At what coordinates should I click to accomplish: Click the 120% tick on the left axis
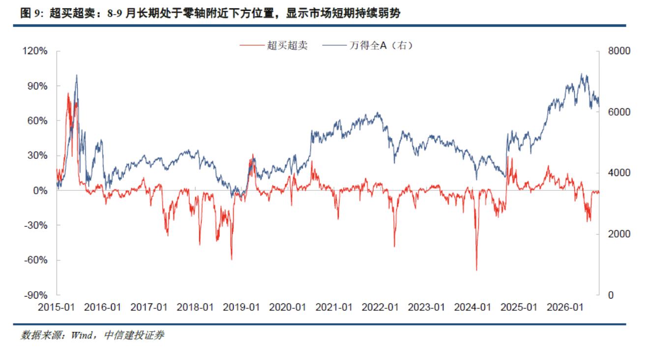pos(35,51)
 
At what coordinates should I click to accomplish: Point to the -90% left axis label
pos(36,295)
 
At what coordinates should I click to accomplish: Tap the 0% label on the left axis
pos(40,190)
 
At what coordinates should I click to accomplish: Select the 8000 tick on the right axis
pos(619,51)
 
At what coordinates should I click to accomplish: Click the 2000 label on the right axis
pos(619,234)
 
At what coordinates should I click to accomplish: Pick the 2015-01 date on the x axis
pos(57,307)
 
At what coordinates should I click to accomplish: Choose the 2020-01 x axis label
pos(288,307)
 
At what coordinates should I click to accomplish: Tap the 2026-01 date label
pos(565,307)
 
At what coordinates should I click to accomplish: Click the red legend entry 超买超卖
pos(287,45)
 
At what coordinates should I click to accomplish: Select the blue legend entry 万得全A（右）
pos(381,45)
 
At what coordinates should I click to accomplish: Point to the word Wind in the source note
pos(82,335)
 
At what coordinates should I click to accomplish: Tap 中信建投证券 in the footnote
pos(134,335)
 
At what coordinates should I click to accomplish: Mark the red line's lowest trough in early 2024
pos(476,270)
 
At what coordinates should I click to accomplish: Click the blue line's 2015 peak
pos(77,75)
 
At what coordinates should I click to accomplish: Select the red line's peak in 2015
pos(68,93)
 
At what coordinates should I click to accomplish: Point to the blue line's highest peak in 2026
pos(582,74)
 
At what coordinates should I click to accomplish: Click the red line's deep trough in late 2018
pos(232,259)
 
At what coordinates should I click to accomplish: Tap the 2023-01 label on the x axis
pos(426,307)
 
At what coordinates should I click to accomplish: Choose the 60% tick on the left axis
pos(37,120)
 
